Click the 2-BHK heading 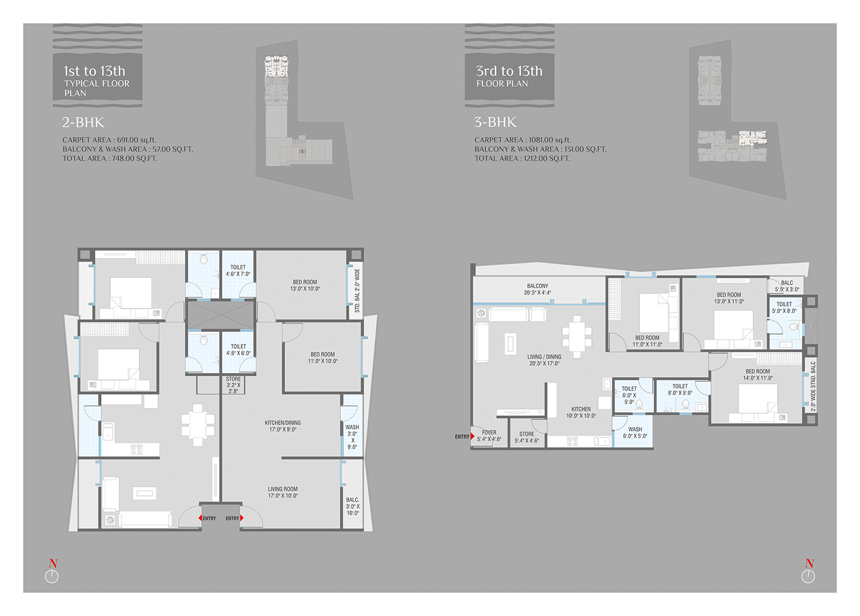click(x=83, y=122)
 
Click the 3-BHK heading click(x=495, y=122)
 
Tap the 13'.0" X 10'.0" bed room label click(x=305, y=285)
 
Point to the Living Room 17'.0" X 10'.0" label click(x=282, y=492)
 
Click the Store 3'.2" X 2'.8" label click(x=233, y=385)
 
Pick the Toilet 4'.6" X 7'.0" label click(x=238, y=270)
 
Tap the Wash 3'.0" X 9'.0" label click(x=352, y=437)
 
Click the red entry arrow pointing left click(x=200, y=518)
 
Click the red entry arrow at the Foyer click(x=473, y=436)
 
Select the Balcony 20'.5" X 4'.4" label click(x=537, y=289)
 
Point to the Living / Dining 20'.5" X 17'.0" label click(x=545, y=360)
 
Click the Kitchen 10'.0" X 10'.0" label click(x=581, y=412)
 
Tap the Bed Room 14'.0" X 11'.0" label click(x=757, y=374)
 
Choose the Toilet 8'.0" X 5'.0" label click(x=680, y=390)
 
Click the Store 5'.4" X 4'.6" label click(x=527, y=437)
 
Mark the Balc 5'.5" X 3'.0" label click(x=786, y=286)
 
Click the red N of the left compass click(x=53, y=564)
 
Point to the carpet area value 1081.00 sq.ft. click(x=550, y=140)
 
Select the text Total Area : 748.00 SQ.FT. click(x=110, y=158)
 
